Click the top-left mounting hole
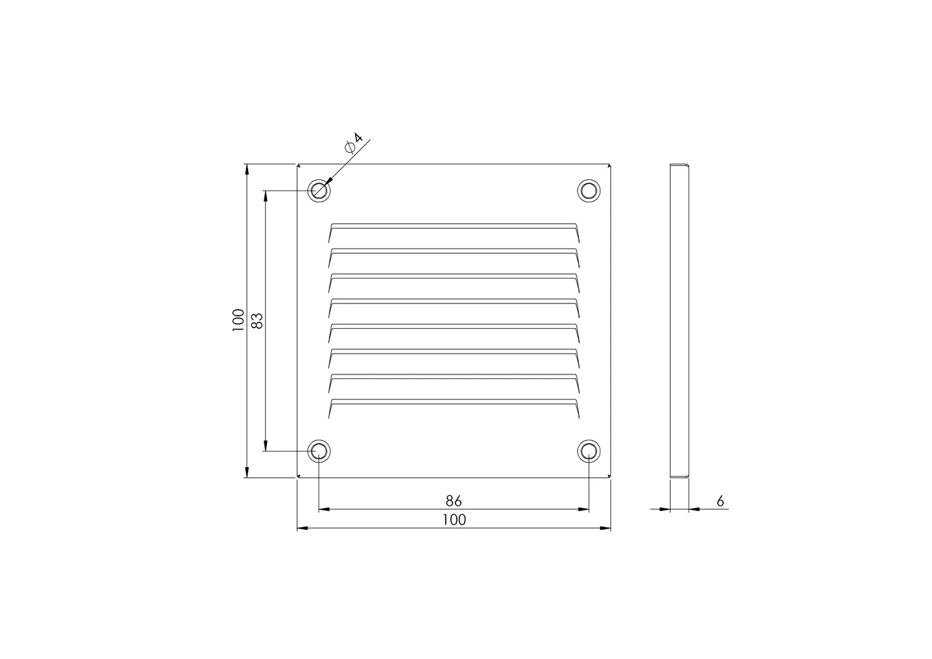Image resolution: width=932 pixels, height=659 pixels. pos(319,191)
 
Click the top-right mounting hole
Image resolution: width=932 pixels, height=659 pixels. pos(588,191)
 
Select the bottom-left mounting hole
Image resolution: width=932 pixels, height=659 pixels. pos(319,451)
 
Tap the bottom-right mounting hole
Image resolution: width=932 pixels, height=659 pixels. pos(588,451)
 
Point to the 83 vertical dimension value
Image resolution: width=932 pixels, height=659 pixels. pos(257,320)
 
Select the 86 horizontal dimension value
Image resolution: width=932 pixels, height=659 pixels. pos(454,501)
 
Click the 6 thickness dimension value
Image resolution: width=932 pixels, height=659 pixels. pos(720,501)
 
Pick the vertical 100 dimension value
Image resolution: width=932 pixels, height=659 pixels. pos(238,320)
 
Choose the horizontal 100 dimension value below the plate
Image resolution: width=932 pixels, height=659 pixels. pos(454,520)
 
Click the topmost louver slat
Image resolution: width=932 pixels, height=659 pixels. pos(454,226)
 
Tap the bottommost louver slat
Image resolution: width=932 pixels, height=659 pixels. pos(454,401)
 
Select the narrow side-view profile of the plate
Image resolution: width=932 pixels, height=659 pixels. pos(679,320)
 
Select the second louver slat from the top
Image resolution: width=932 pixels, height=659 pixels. pos(454,251)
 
